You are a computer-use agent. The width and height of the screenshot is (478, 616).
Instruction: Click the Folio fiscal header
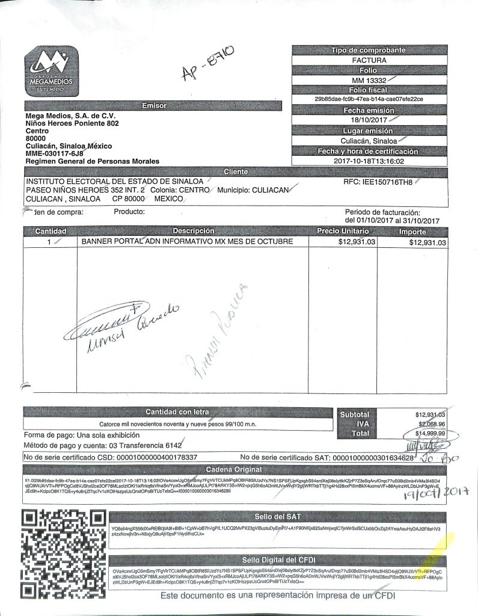[x=369, y=90]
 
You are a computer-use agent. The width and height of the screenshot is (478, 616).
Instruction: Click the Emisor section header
[x=153, y=106]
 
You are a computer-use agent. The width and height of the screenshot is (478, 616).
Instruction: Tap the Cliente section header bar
[x=236, y=172]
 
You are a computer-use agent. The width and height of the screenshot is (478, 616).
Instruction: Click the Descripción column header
[x=193, y=231]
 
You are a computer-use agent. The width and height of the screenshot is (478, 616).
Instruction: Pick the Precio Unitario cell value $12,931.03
[x=357, y=242]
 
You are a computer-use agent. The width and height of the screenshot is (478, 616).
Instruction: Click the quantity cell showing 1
[x=49, y=241]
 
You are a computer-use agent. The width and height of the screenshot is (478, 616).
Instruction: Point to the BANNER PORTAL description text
[x=187, y=241]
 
